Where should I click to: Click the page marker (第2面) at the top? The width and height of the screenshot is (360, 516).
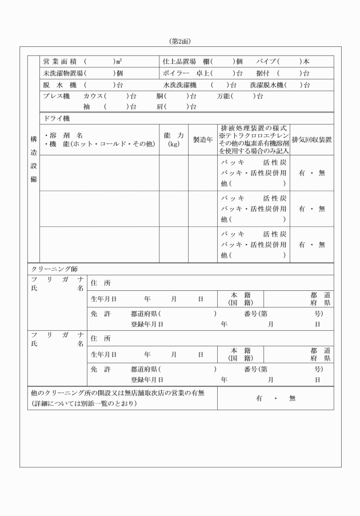tap(180, 42)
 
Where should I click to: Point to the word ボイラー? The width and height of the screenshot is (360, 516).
tap(176, 73)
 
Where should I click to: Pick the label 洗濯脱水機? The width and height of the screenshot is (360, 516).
tap(267, 85)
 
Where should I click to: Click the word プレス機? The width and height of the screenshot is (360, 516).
tap(56, 96)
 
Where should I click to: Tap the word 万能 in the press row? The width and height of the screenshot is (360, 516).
tap(226, 96)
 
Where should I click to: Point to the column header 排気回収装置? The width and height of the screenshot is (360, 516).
tap(311, 139)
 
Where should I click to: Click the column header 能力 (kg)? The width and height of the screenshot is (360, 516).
tap(174, 139)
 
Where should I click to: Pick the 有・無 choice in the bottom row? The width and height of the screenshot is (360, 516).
tap(276, 398)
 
